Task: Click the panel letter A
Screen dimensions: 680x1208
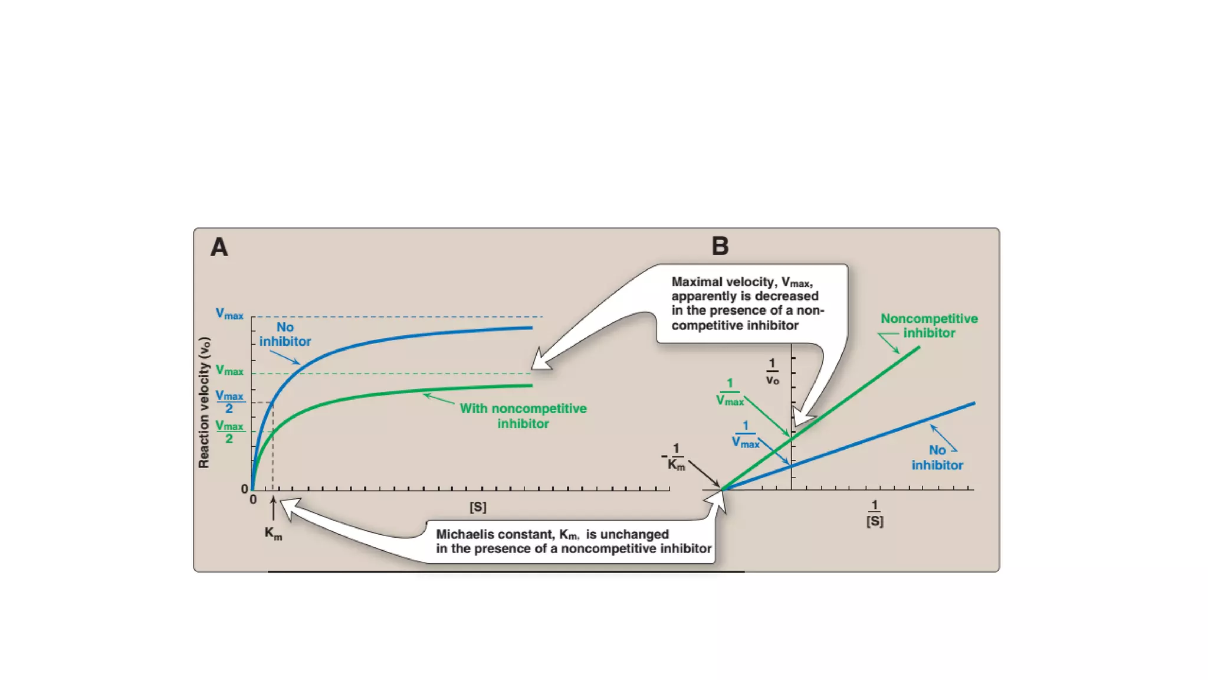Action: [219, 247]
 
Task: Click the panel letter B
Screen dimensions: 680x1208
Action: [720, 246]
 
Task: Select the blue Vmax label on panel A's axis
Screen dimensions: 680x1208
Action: [229, 314]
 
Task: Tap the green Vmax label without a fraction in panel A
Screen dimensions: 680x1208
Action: [229, 370]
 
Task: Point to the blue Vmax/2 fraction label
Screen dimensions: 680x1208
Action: [229, 401]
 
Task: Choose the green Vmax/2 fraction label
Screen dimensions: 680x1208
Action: [229, 431]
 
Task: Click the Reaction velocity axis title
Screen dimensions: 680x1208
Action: [204, 403]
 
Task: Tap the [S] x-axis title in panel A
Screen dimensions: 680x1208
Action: [478, 507]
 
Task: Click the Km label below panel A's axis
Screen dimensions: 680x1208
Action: [273, 533]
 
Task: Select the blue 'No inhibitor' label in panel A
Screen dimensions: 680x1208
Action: [285, 334]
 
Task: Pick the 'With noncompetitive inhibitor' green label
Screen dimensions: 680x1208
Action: [523, 416]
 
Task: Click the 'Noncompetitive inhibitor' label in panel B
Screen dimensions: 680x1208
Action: [929, 325]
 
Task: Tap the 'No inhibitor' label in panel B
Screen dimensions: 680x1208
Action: [937, 457]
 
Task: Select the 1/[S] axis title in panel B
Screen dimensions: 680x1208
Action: [875, 513]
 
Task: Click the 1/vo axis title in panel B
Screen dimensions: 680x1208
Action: [772, 372]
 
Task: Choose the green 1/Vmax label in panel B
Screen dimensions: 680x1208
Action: [730, 393]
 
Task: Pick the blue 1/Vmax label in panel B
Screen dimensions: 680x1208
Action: [746, 434]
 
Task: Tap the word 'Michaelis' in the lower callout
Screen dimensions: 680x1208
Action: [461, 534]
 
